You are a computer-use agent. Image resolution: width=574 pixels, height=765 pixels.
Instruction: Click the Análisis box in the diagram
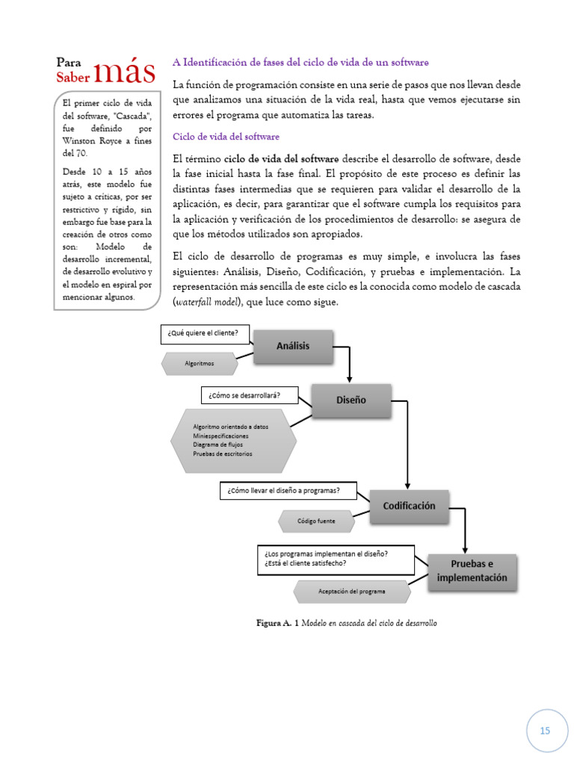[x=293, y=346]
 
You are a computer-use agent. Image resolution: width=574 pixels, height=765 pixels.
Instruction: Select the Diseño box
[x=351, y=400]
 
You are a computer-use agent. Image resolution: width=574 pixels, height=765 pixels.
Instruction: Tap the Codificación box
[x=409, y=506]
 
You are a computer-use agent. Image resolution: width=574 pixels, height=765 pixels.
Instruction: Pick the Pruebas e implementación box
[x=472, y=572]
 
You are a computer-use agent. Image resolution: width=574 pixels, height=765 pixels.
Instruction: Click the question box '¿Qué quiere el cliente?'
[x=203, y=334]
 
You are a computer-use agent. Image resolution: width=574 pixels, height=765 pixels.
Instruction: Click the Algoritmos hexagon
[x=200, y=364]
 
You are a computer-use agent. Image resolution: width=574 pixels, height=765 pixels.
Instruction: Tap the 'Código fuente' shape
[x=316, y=521]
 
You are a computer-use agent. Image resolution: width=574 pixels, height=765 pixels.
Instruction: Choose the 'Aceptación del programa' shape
[x=351, y=592]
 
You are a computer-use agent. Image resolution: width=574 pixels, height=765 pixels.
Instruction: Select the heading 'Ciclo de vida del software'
[x=226, y=137]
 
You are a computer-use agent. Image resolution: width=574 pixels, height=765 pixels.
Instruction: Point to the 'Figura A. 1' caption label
[x=277, y=622]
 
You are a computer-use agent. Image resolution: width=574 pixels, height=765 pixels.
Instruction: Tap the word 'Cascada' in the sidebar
[x=134, y=116]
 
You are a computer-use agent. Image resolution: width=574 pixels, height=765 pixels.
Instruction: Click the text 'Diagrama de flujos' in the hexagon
[x=217, y=445]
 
